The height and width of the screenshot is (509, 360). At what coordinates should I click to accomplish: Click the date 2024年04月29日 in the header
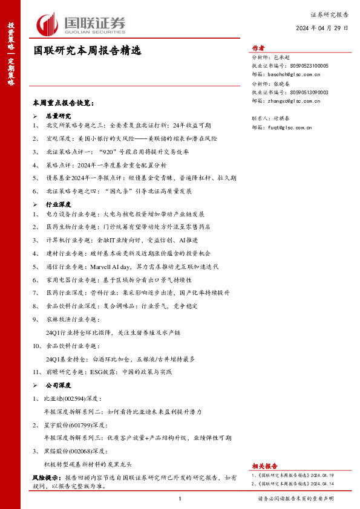coord(322,28)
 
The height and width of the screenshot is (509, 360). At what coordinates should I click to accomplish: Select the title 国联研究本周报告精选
coord(87,51)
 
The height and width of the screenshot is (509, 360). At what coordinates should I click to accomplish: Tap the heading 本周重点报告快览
coord(64,103)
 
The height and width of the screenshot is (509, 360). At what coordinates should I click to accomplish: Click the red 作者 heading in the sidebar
coord(258,49)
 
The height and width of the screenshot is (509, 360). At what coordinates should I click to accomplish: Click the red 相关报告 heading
coord(264,466)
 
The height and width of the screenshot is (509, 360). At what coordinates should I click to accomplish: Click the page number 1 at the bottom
coord(180,499)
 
